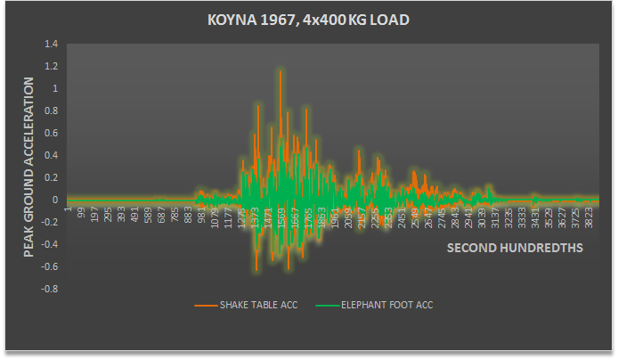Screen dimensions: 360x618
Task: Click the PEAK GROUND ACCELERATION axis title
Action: tap(28, 167)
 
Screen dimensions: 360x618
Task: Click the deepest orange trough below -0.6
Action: tap(256, 270)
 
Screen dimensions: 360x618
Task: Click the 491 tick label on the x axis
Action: tap(134, 217)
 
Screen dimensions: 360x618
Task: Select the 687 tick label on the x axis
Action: tap(161, 217)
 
